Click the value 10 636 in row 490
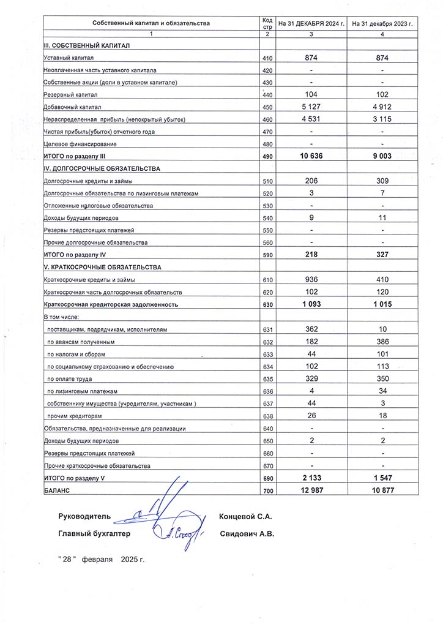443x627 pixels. click(311, 157)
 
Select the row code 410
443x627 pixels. click(267, 58)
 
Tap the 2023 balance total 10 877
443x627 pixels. click(382, 491)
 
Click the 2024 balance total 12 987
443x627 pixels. click(311, 491)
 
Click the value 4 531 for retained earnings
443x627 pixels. click(311, 119)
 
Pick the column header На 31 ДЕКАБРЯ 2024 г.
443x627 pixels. click(311, 23)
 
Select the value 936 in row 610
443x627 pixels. click(311, 280)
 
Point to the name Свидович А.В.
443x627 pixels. click(247, 534)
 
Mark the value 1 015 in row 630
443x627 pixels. click(382, 304)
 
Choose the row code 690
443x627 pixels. click(267, 479)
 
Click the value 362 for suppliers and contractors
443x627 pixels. click(311, 329)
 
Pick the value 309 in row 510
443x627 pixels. click(382, 181)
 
